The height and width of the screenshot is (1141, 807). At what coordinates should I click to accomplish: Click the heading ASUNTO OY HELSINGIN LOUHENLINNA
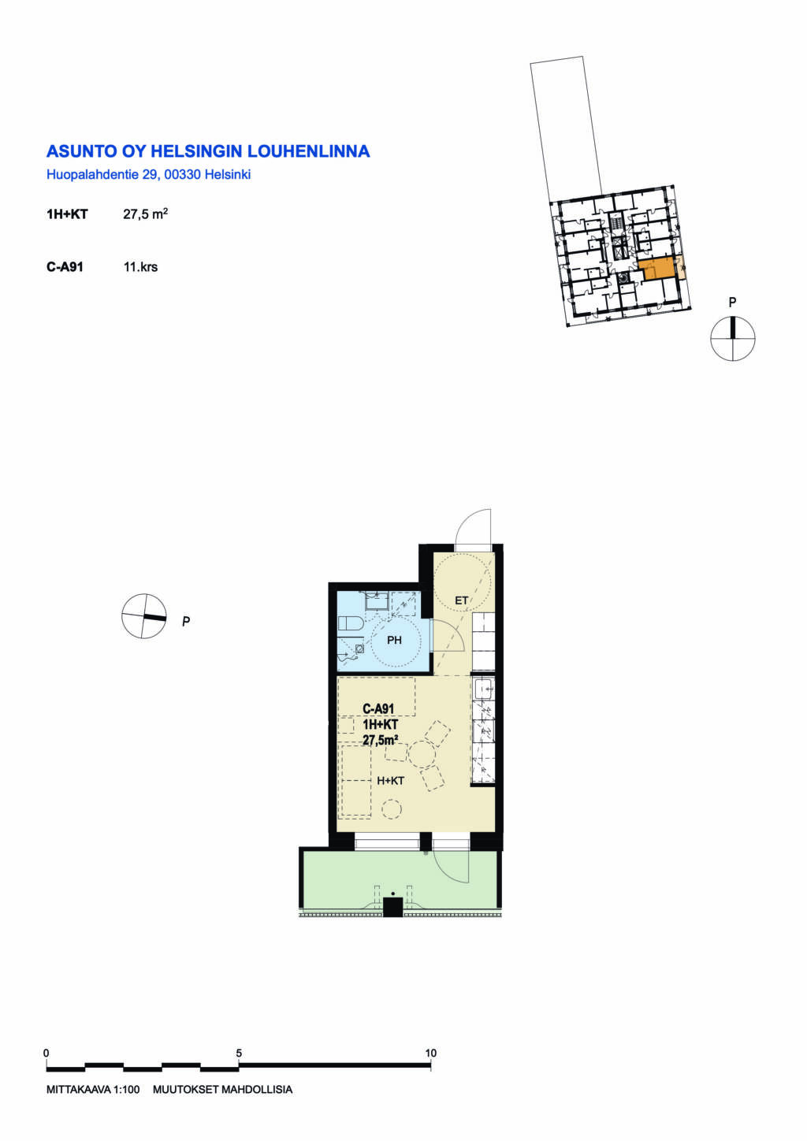(x=208, y=151)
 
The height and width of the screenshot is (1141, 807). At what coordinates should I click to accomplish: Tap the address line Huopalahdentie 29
(x=102, y=175)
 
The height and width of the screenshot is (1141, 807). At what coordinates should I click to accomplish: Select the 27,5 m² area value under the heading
(x=145, y=214)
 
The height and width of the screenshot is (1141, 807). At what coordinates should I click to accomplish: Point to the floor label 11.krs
(x=140, y=267)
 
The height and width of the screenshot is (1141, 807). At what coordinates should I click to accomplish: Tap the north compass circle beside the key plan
(x=733, y=338)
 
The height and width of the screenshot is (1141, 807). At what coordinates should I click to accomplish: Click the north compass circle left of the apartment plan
(x=144, y=616)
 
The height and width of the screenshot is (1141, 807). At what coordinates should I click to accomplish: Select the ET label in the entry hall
(x=461, y=600)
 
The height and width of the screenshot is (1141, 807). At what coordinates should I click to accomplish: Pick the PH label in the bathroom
(x=394, y=641)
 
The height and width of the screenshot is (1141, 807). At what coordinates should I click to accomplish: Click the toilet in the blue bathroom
(x=350, y=623)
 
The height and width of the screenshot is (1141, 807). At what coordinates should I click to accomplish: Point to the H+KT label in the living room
(x=390, y=781)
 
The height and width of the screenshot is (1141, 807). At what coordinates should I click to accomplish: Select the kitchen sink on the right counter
(x=483, y=689)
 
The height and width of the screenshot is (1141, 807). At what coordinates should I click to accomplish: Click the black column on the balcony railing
(x=392, y=907)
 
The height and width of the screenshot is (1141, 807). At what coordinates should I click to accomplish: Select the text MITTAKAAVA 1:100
(x=93, y=1090)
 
